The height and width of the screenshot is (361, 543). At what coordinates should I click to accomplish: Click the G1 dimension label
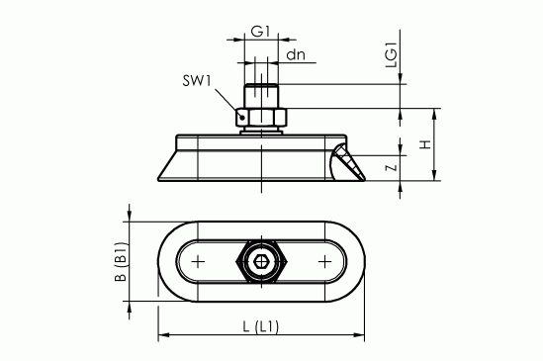tap(260, 31)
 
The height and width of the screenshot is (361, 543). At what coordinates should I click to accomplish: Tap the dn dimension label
tap(295, 55)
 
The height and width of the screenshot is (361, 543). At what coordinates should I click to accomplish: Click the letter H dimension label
tap(425, 145)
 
